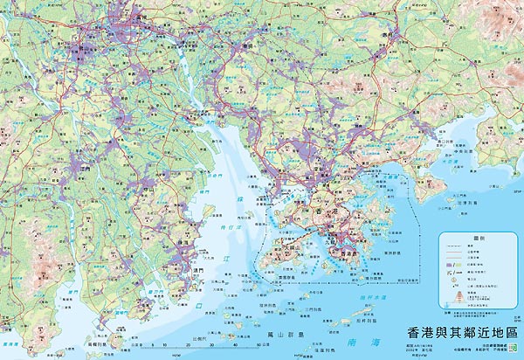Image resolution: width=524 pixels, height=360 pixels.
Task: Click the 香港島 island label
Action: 348,253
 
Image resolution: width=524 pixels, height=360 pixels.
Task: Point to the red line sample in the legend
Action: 452,247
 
